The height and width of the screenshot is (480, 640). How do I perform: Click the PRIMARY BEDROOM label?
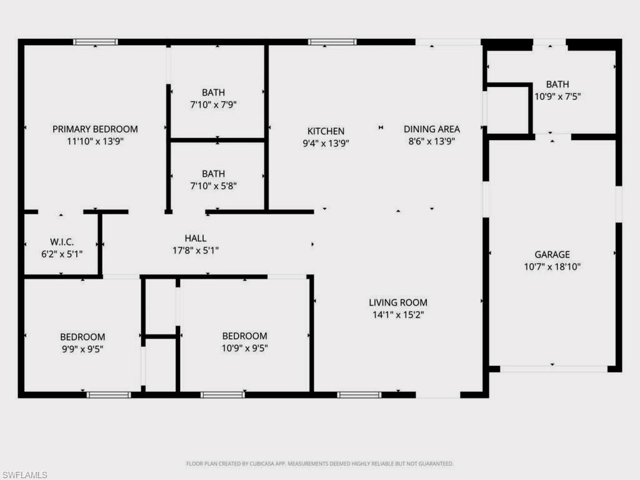95,129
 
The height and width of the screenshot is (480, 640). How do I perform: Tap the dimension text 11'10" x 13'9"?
95,141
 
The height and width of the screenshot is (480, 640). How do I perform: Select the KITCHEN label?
326,131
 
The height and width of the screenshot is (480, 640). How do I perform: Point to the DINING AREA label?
431,129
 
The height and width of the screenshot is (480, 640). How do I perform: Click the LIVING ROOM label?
398,302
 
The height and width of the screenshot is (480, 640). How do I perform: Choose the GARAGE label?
552,254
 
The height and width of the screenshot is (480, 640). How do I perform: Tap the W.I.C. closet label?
62,242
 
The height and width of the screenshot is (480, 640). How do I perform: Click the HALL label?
195,238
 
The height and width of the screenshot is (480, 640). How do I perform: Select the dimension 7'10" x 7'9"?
213,105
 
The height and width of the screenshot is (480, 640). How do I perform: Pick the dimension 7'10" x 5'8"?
213,186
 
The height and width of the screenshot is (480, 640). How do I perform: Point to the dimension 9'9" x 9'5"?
82,349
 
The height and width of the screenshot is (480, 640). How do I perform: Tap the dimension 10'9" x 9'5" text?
244,348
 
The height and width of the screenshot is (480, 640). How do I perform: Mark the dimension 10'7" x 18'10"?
552,267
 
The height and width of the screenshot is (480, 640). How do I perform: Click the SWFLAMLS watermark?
24,475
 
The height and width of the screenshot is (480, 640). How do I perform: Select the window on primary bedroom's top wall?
95,42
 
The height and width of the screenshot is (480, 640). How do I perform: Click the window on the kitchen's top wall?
332,42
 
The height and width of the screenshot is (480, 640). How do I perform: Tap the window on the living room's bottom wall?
359,394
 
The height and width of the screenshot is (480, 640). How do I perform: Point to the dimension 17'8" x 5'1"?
195,251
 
